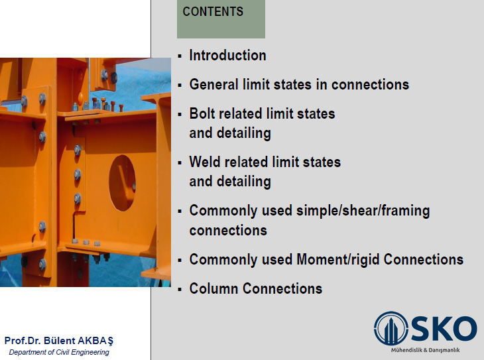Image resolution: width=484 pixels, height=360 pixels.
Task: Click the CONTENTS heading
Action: click(x=213, y=12)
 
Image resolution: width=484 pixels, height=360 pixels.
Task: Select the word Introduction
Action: click(x=228, y=56)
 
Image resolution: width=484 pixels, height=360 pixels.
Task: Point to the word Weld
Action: click(x=205, y=162)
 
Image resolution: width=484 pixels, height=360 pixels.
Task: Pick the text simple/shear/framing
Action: click(x=363, y=211)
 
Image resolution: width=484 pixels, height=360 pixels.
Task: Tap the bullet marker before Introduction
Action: click(x=180, y=56)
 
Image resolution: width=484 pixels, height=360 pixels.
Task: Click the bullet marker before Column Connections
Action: click(x=180, y=289)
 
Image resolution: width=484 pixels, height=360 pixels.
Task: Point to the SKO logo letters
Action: click(x=444, y=328)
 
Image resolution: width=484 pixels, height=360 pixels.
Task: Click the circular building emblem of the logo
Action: click(x=391, y=328)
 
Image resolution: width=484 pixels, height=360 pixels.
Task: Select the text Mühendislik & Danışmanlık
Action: click(x=426, y=350)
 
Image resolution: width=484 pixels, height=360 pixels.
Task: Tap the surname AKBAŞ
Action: click(x=95, y=341)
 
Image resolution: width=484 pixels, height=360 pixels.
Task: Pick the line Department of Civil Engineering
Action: click(x=59, y=352)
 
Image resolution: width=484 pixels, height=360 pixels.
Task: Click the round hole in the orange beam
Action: click(x=122, y=183)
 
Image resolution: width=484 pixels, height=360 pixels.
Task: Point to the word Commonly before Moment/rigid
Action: click(x=223, y=260)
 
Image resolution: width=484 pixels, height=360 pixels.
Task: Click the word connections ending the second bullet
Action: click(x=371, y=85)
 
